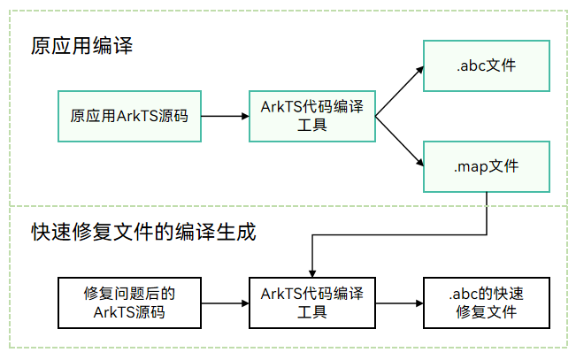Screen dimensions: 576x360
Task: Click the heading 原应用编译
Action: (81, 46)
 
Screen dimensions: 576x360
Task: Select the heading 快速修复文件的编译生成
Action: (143, 232)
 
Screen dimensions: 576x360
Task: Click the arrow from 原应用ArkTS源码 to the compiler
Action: (226, 116)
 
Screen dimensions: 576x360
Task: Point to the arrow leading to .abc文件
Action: (399, 91)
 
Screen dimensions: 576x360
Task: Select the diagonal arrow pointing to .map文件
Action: (399, 142)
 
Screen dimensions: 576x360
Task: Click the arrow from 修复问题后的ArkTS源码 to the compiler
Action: (226, 303)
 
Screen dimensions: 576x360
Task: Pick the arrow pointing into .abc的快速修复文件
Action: (400, 303)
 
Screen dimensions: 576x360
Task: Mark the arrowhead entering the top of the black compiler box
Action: (312, 274)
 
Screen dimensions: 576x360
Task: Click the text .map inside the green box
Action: (471, 167)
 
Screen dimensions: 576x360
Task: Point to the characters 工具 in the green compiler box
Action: (312, 126)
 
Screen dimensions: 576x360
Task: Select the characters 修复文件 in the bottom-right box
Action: (487, 312)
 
